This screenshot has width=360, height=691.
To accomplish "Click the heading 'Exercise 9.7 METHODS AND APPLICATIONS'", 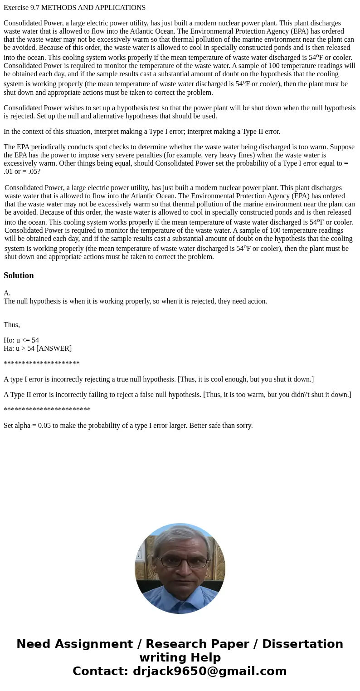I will click(x=74, y=8).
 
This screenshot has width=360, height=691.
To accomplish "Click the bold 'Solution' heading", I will click(x=19, y=275).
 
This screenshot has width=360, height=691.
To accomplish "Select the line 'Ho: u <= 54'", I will click(x=21, y=340).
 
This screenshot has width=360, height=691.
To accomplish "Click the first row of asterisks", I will click(x=42, y=364).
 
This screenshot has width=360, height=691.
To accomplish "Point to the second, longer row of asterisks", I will click(x=47, y=410).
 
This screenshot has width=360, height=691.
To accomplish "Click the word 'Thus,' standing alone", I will click(x=12, y=325).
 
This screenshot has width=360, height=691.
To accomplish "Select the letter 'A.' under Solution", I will click(x=7, y=293).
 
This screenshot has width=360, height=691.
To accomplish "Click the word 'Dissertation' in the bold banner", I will click(x=302, y=644).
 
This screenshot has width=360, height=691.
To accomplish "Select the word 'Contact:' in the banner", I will click(x=101, y=671).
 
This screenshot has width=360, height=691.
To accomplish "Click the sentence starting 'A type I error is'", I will click(x=159, y=379).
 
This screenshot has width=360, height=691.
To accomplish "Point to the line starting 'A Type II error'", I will click(x=177, y=395).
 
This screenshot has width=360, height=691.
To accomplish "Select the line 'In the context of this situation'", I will click(x=142, y=132).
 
